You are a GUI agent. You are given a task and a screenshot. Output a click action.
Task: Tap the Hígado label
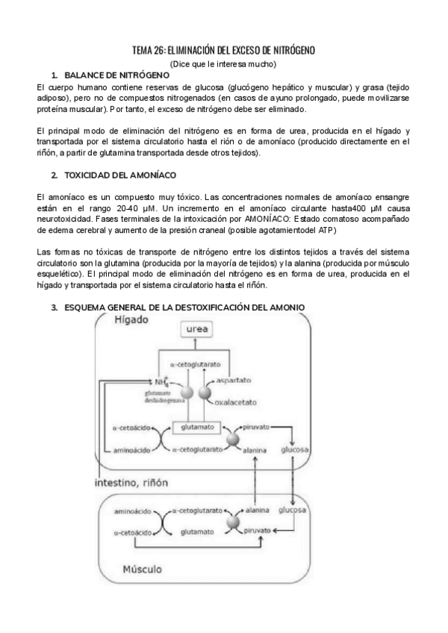pyautogui.click(x=131, y=320)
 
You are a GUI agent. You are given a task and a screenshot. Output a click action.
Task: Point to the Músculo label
pyautogui.click(x=142, y=569)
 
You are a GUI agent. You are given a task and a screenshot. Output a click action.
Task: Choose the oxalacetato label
pyautogui.click(x=237, y=404)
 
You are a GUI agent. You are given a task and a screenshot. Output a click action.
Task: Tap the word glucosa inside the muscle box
pyautogui.click(x=293, y=512)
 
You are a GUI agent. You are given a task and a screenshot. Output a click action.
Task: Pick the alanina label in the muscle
pyautogui.click(x=257, y=512)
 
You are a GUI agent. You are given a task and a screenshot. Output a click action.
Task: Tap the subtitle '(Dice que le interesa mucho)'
pyautogui.click(x=223, y=64)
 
